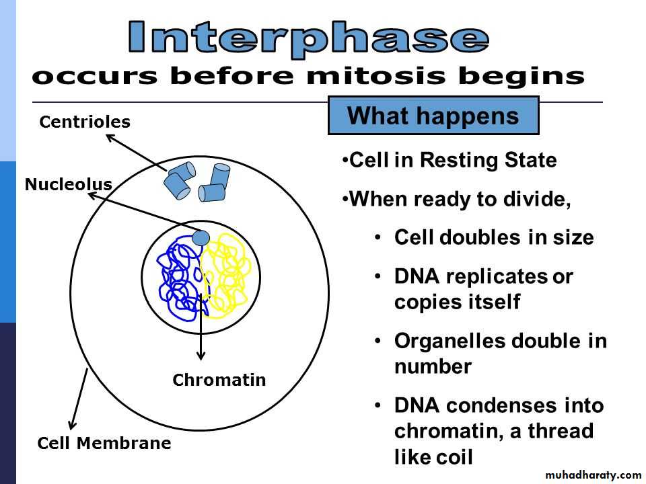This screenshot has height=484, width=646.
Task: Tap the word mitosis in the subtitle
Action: pyautogui.click(x=375, y=77)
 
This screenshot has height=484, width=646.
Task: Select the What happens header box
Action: pyautogui.click(x=433, y=116)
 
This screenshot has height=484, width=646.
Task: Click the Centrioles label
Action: pyautogui.click(x=85, y=122)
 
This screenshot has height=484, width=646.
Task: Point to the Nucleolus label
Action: pyautogui.click(x=69, y=184)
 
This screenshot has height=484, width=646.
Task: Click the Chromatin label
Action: pyautogui.click(x=219, y=380)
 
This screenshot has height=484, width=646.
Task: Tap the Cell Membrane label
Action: pyautogui.click(x=104, y=443)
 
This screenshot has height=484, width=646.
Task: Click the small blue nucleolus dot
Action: pyautogui.click(x=201, y=238)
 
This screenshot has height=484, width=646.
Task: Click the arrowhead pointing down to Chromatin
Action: pyautogui.click(x=201, y=355)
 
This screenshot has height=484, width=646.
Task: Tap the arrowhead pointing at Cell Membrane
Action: pyautogui.click(x=73, y=424)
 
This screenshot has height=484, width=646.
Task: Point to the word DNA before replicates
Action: pyautogui.click(x=417, y=276)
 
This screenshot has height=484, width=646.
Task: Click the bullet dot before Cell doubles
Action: pyautogui.click(x=378, y=237)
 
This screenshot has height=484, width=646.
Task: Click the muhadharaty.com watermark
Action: pyautogui.click(x=593, y=475)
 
